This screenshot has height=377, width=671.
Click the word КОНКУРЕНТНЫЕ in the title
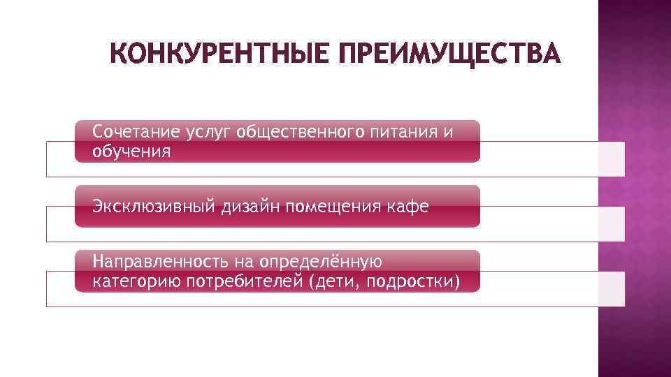coord(218,54)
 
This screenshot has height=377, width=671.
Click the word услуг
coord(210,132)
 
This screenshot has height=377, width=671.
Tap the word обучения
coord(131,151)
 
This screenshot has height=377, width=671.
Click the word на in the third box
coord(245,262)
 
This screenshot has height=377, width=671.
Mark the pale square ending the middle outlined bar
coord(605,224)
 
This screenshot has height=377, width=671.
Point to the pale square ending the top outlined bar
coord(605,158)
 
